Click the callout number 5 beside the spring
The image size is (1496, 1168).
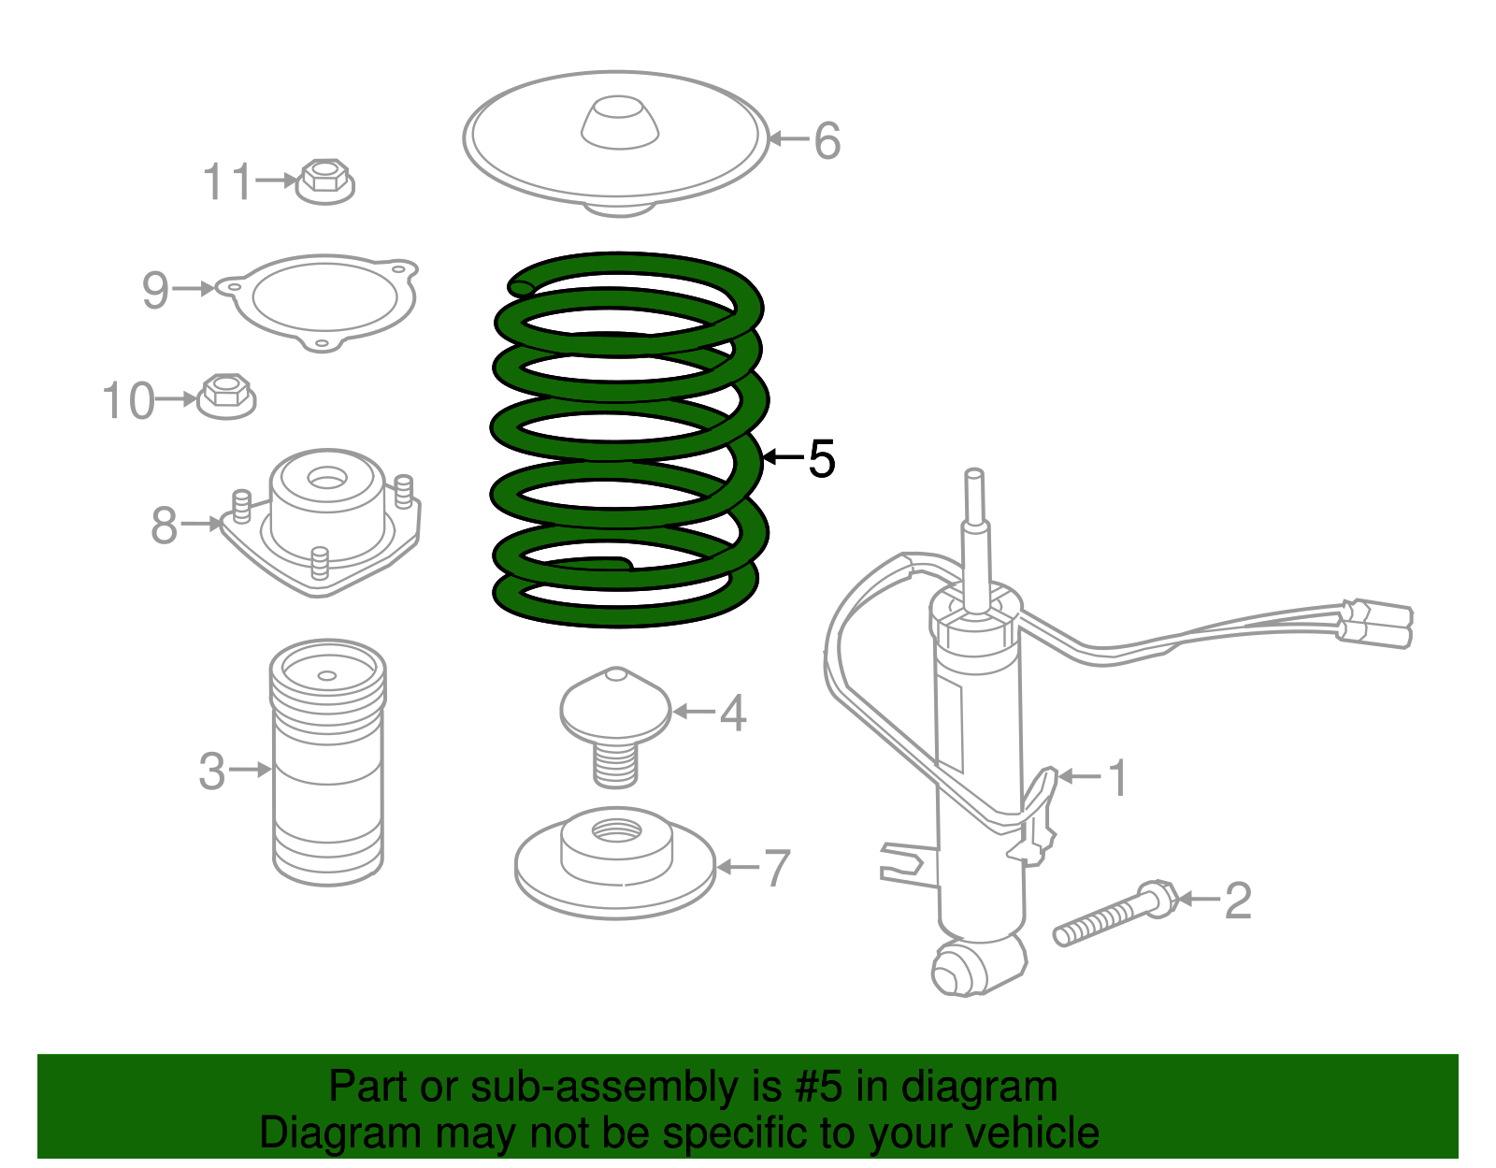(x=821, y=459)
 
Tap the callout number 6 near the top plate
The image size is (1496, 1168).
(x=827, y=141)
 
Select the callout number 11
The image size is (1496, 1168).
(x=227, y=181)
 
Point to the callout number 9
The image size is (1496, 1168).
(x=155, y=290)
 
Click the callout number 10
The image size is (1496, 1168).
(x=127, y=401)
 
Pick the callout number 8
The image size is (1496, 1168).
(x=164, y=525)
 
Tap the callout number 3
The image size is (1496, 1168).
(x=212, y=771)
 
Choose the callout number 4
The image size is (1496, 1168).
(x=733, y=714)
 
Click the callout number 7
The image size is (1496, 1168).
(x=777, y=869)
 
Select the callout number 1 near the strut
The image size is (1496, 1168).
(x=1116, y=777)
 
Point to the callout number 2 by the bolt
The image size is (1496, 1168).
(x=1237, y=901)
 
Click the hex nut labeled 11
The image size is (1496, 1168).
(x=324, y=180)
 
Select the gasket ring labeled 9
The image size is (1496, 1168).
(x=323, y=301)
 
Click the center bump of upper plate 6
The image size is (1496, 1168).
(x=620, y=121)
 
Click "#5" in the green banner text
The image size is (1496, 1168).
(x=819, y=1088)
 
